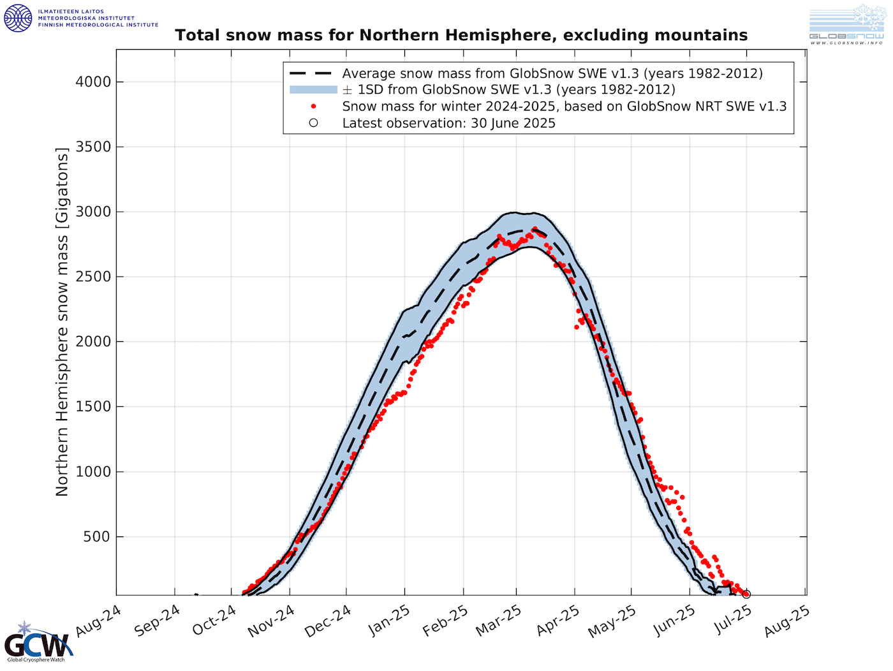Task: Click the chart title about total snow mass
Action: click(x=461, y=35)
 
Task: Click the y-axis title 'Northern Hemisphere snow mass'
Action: click(x=62, y=322)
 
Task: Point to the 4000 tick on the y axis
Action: click(x=93, y=82)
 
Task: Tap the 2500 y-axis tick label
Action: click(x=93, y=277)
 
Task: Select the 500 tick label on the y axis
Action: click(x=97, y=536)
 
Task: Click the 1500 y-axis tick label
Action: click(x=93, y=406)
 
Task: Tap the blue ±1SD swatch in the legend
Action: click(x=313, y=90)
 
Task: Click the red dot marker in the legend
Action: click(x=313, y=107)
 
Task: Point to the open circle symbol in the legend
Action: click(x=313, y=123)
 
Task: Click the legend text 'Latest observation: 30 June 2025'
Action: click(x=448, y=123)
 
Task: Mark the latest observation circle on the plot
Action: click(x=746, y=594)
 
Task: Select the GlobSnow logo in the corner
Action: click(x=846, y=25)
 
